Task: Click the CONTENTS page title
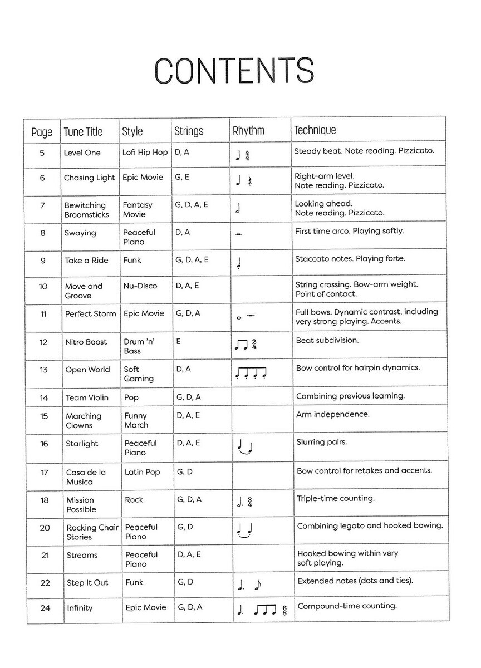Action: [234, 70]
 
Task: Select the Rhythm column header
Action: [248, 131]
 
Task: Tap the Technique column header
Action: [315, 131]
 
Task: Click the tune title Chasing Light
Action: [90, 178]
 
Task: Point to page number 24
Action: [45, 608]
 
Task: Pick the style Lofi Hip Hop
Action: [145, 153]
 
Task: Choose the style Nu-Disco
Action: [140, 286]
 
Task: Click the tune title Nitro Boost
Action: [86, 342]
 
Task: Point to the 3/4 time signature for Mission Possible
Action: [250, 503]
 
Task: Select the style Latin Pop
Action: [142, 472]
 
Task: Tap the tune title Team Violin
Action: [87, 397]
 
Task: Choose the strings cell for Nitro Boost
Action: [178, 341]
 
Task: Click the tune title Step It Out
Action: [87, 583]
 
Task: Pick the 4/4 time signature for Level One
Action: [247, 155]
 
